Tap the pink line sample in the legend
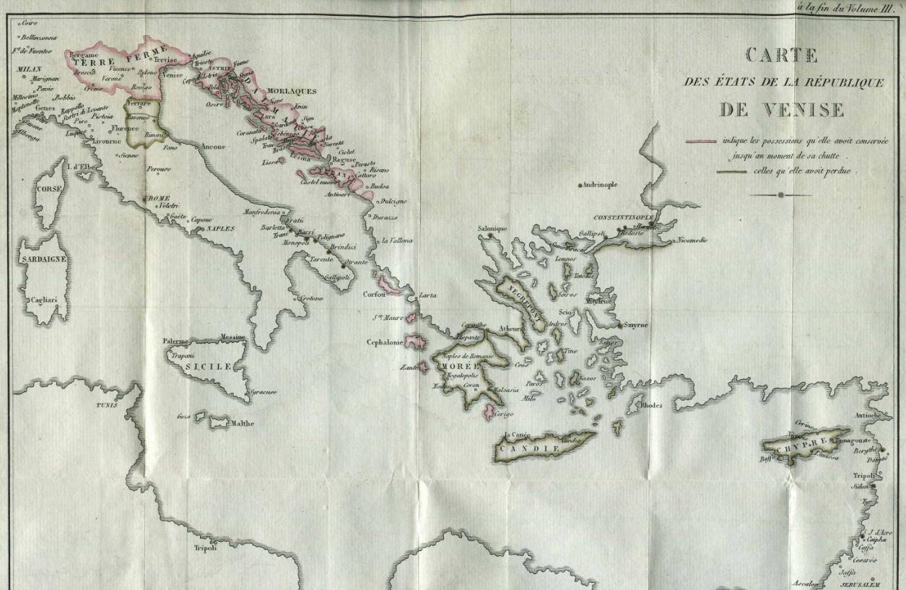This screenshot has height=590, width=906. click(x=700, y=142)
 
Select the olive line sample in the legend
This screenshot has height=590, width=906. click(x=731, y=172)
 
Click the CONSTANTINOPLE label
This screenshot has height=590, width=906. click(x=623, y=217)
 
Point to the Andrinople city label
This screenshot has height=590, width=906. click(x=599, y=185)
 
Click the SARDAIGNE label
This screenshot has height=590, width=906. click(x=43, y=258)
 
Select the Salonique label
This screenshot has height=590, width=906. click(x=492, y=229)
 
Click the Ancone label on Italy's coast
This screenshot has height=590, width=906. click(x=213, y=147)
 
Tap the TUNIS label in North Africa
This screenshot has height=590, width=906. click(x=106, y=405)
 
